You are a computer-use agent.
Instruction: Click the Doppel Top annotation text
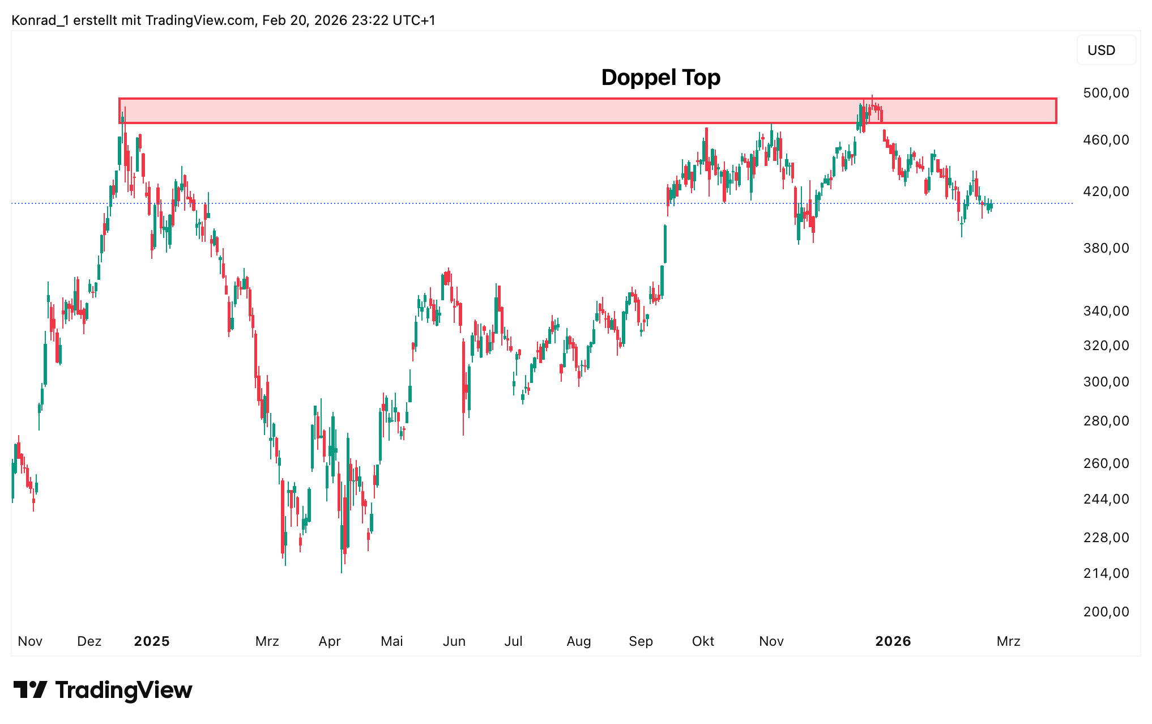click(x=660, y=78)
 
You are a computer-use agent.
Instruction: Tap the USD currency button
click(x=1101, y=50)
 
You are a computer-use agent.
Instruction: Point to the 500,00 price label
click(x=1106, y=93)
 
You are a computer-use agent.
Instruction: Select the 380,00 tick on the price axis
click(x=1106, y=248)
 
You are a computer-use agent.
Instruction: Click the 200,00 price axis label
click(x=1106, y=612)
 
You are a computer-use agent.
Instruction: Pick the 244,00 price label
click(x=1106, y=499)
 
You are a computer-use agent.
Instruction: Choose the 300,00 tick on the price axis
click(x=1106, y=382)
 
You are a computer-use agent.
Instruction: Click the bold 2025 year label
click(x=152, y=641)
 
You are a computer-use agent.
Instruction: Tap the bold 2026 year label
click(x=893, y=641)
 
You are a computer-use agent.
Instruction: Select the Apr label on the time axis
click(x=330, y=641)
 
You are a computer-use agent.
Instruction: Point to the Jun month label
click(x=454, y=641)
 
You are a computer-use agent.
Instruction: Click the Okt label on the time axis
click(x=703, y=641)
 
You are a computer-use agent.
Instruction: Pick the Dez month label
click(x=89, y=641)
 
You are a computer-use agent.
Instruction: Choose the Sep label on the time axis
click(x=641, y=641)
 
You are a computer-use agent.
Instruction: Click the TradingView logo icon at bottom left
click(x=31, y=689)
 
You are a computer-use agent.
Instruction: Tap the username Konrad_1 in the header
click(x=40, y=20)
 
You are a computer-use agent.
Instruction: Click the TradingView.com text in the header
click(x=200, y=20)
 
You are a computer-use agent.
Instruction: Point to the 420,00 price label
click(x=1106, y=191)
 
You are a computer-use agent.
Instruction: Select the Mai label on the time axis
click(x=392, y=641)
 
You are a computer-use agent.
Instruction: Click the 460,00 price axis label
click(x=1106, y=140)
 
